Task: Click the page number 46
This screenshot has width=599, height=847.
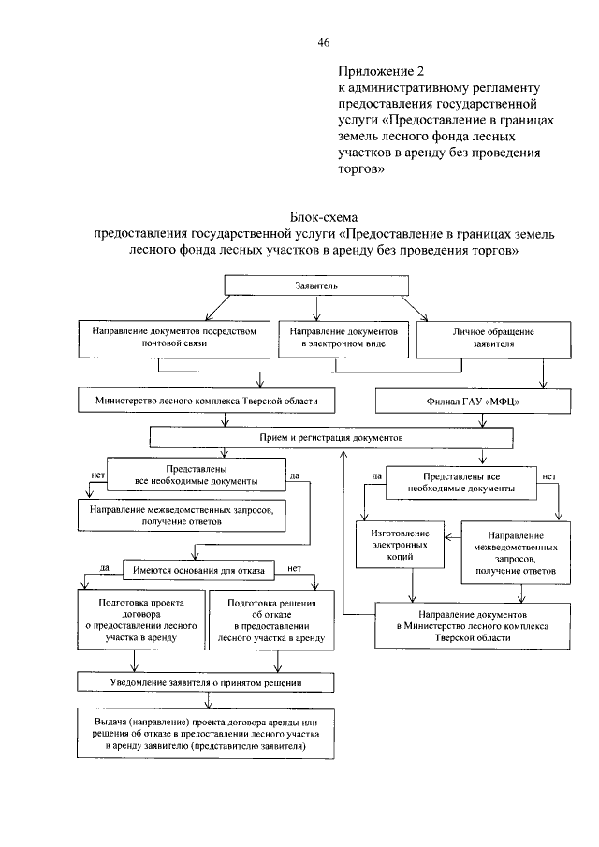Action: click(x=324, y=42)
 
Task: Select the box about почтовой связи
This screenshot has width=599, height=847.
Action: click(x=176, y=338)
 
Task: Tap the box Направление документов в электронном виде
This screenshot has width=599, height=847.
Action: click(x=343, y=338)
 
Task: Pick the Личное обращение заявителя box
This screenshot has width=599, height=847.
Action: click(x=480, y=338)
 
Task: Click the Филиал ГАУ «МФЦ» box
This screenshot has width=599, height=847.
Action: click(x=474, y=401)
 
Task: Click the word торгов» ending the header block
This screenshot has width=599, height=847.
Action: click(x=361, y=171)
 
